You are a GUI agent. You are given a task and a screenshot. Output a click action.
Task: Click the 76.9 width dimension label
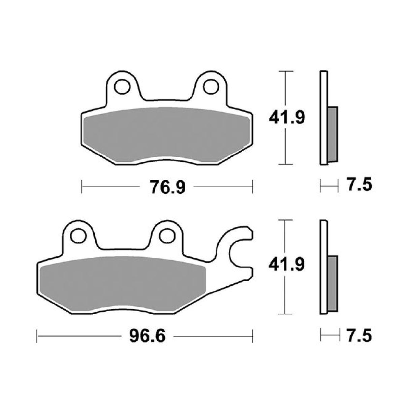[167, 187]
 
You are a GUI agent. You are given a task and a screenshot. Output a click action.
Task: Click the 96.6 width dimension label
[148, 336]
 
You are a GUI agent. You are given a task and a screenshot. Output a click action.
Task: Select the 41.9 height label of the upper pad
[287, 118]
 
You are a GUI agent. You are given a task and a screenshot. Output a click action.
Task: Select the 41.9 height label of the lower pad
[287, 265]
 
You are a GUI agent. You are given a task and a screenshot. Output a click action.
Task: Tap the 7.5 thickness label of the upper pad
[359, 186]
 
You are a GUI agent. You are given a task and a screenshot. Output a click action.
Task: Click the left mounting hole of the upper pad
[122, 86]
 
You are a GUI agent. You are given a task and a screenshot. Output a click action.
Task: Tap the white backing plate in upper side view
[323, 118]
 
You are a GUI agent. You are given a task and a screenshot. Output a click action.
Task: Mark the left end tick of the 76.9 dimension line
[82, 187]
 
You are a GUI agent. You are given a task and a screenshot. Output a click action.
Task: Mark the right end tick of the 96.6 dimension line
[252, 336]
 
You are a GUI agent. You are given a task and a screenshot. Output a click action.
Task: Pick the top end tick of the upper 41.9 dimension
[286, 72]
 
